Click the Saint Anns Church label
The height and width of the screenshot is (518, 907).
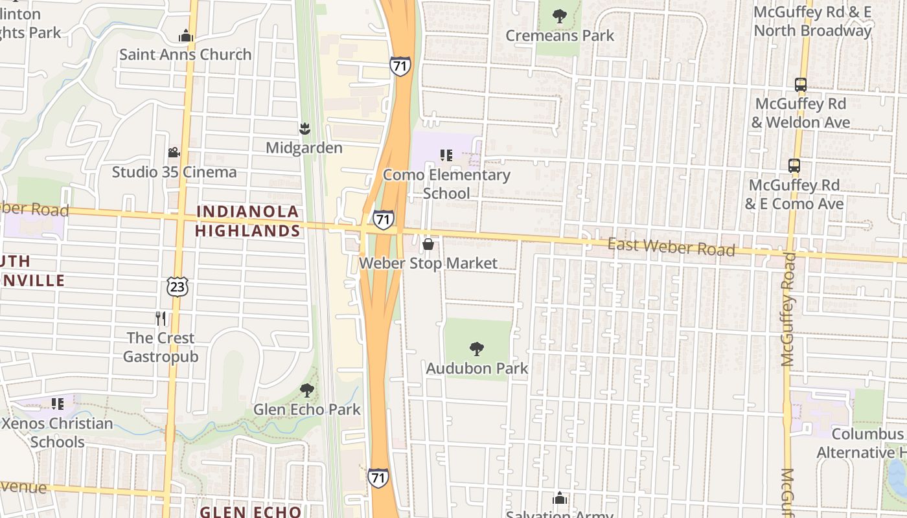[185, 54]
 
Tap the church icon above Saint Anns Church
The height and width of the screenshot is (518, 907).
[186, 36]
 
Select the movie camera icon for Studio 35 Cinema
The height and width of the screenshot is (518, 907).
[174, 153]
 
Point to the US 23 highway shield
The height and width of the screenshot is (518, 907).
[177, 286]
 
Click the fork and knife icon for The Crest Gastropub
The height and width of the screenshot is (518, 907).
[161, 319]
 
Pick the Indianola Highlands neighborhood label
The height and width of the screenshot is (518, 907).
[247, 221]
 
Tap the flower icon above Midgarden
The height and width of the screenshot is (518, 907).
[304, 128]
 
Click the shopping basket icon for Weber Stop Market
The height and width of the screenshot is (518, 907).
[428, 244]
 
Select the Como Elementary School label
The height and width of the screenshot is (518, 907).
[446, 184]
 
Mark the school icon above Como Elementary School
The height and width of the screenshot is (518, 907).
[446, 155]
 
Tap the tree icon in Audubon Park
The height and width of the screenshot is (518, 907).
[477, 349]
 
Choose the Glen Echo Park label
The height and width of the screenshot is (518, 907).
[306, 409]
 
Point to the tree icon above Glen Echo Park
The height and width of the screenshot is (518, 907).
[307, 390]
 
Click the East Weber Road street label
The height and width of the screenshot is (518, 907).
[671, 247]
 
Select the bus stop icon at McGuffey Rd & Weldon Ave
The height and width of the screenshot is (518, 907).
[800, 84]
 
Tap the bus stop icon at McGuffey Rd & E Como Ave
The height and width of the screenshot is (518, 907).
[794, 166]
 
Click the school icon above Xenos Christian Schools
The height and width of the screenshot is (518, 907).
[58, 404]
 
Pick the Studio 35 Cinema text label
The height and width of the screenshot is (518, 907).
[174, 172]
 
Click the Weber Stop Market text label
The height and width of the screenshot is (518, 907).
[428, 263]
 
